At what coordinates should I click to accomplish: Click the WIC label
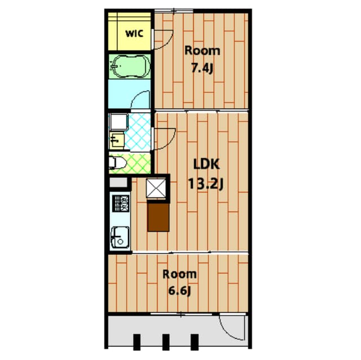(134, 33)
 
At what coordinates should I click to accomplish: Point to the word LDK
(206, 165)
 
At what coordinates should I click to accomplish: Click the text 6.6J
(180, 291)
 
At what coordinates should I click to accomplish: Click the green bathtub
(130, 67)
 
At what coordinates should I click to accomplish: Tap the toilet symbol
(116, 163)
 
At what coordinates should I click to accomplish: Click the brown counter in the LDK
(159, 216)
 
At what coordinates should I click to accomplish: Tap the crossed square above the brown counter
(157, 188)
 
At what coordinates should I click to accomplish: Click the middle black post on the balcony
(166, 341)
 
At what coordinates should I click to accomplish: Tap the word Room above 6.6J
(180, 274)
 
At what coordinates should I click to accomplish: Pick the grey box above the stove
(119, 183)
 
